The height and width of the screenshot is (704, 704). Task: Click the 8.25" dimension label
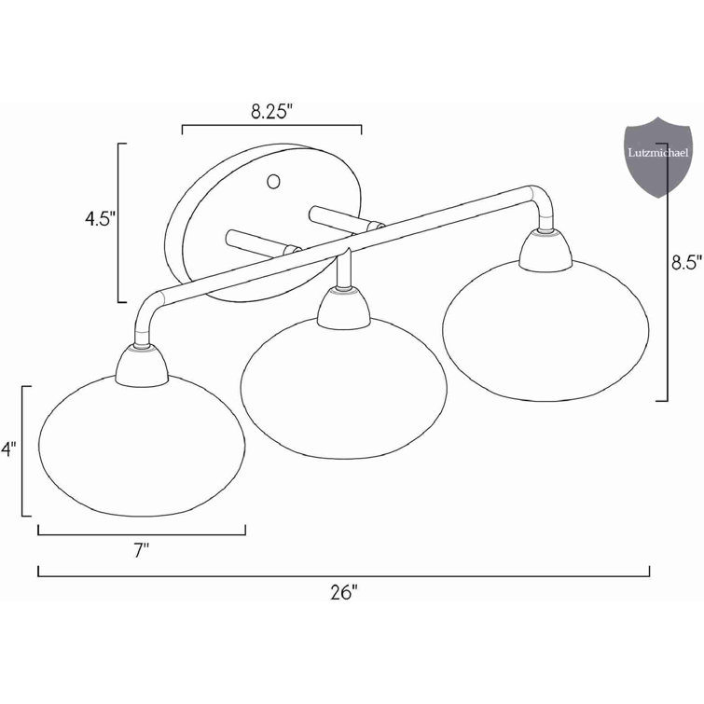click(271, 112)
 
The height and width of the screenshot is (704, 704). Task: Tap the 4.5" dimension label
click(98, 221)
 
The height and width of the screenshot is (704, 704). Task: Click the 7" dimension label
click(142, 551)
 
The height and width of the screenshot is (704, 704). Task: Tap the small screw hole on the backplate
click(274, 180)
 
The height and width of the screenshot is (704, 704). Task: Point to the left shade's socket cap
click(142, 366)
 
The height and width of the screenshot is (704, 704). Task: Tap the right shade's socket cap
click(545, 249)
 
